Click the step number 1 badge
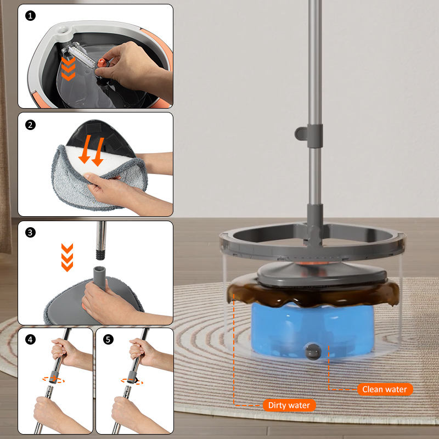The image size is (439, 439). click(30, 16)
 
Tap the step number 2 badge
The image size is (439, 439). click(30, 125)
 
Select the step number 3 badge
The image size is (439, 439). click(30, 232)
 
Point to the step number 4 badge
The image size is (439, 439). click(30, 340)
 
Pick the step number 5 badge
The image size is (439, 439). click(108, 340)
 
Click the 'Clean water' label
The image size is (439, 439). click(385, 389)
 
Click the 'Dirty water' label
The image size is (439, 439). click(289, 405)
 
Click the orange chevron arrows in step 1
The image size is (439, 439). click(68, 68)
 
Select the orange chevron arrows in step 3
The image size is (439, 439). click(67, 257)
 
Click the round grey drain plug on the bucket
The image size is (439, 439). click(313, 351)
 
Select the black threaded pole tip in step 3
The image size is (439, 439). click(100, 255)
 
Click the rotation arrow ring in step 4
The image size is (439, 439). click(53, 380)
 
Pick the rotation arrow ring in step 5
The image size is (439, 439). click(132, 381)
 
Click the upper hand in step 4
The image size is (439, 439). click(65, 352)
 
